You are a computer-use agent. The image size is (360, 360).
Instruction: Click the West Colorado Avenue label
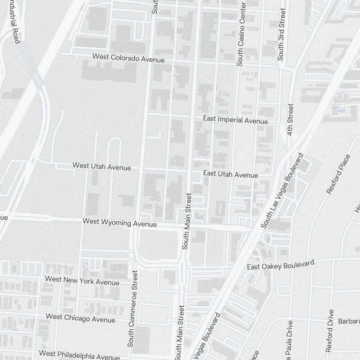coord(129,58)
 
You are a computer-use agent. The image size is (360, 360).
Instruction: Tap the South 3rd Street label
coord(282,34)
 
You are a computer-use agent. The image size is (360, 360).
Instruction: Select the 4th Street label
coord(290,120)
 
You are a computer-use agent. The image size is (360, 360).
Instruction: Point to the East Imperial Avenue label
coord(235,120)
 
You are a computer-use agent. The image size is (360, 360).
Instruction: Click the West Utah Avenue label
coord(102,166)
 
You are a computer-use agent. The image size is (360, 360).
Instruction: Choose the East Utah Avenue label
coord(230,174)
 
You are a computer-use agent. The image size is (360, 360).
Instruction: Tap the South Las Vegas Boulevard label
coord(282,191)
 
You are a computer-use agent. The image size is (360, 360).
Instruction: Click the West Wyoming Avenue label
coord(120,222)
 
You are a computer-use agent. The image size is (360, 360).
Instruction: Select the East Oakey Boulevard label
coord(280,265)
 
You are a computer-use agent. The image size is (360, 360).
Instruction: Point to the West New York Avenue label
coord(82,280)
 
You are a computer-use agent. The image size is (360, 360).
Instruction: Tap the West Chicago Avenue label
coord(81,318)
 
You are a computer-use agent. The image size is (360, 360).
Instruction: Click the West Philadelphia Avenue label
coord(79,355)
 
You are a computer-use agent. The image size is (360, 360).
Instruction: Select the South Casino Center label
coord(240,35)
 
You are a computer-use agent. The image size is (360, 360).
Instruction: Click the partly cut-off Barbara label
coord(349,321)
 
